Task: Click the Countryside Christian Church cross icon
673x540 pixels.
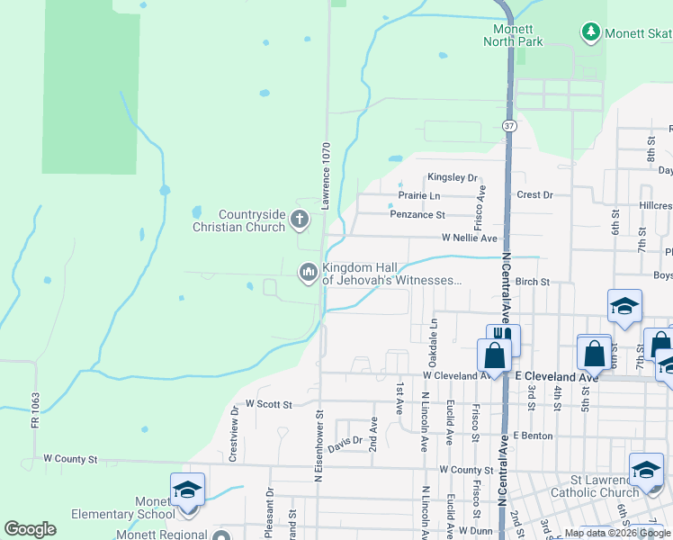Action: [300, 219]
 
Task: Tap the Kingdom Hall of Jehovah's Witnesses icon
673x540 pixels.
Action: [309, 271]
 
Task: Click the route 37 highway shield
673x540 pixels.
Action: [510, 127]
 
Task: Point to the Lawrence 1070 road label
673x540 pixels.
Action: [327, 176]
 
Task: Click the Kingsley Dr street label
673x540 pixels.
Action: [452, 178]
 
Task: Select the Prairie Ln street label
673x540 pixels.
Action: [419, 195]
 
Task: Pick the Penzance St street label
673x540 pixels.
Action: [417, 215]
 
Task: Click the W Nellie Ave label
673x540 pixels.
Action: [469, 238]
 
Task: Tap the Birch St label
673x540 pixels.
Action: [533, 282]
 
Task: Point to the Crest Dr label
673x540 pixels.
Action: [534, 194]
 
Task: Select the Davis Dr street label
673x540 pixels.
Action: [344, 443]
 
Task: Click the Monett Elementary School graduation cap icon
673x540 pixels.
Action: [187, 489]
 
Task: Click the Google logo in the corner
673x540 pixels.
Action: [30, 529]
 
